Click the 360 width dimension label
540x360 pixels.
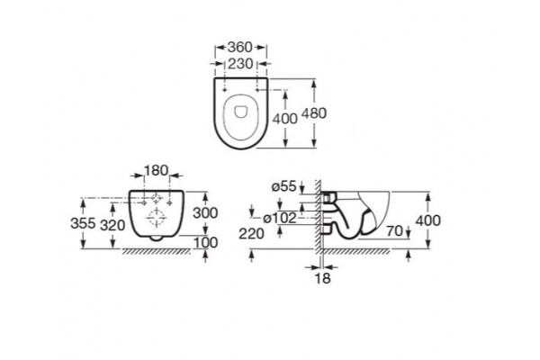(x=240, y=47)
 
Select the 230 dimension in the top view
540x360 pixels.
(x=240, y=64)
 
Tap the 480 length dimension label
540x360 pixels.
(x=314, y=113)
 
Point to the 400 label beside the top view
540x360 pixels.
(x=284, y=119)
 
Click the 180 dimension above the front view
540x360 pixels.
(x=156, y=170)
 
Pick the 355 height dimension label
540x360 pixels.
(x=83, y=223)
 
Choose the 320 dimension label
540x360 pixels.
(x=112, y=225)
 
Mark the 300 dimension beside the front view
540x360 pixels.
(x=205, y=213)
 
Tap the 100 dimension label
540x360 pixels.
(x=205, y=242)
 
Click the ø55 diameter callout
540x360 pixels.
(x=283, y=186)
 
